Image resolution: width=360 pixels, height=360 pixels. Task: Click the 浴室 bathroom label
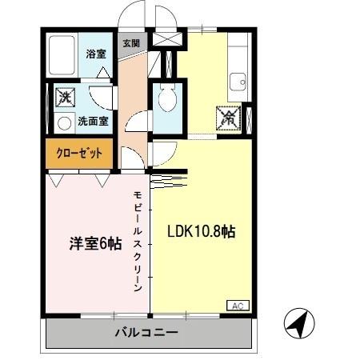point(97,55)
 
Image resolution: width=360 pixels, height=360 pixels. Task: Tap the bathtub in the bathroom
point(63,55)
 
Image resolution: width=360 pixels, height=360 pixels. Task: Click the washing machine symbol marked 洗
point(64,99)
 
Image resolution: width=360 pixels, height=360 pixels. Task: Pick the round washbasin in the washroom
point(63,124)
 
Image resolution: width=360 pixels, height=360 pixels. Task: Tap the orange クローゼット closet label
point(79,153)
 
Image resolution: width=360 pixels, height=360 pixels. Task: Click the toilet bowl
point(166,100)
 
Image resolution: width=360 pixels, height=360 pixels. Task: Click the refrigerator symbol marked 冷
point(227,118)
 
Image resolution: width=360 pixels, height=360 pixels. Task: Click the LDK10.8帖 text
point(201,232)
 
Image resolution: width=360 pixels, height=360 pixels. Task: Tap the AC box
point(238,306)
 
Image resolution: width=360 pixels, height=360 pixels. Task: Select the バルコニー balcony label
point(146,332)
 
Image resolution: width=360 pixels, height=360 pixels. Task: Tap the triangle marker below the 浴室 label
point(102,72)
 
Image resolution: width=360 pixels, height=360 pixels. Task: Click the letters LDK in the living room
point(178,232)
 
